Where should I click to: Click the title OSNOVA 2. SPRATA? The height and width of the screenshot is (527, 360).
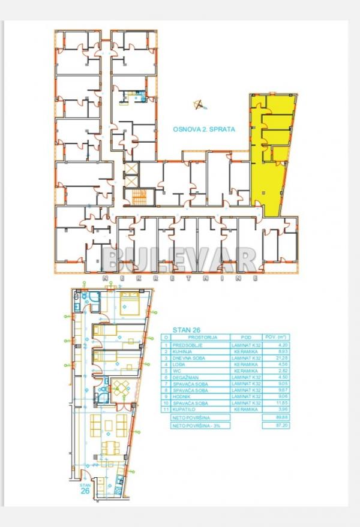[203, 129]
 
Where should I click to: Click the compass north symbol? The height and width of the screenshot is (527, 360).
[199, 105]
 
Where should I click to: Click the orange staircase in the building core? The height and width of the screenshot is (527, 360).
[139, 195]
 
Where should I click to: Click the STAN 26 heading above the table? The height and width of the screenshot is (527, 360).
[186, 329]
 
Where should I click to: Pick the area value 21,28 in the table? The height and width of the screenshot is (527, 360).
[274, 358]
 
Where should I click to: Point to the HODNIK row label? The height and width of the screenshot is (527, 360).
[184, 396]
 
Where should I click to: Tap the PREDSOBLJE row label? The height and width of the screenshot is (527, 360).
[188, 345]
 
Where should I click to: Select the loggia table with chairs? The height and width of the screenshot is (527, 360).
[122, 387]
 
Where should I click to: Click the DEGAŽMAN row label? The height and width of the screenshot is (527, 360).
[187, 377]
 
